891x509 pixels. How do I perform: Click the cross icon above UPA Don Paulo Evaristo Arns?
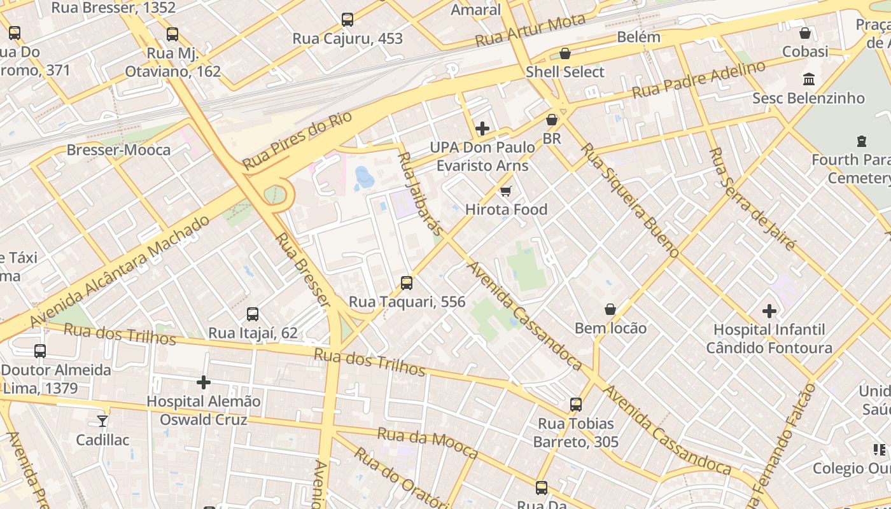pos(482,129)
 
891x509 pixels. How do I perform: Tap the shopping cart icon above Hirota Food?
pos(506,191)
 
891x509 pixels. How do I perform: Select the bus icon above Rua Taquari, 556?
pos(407,283)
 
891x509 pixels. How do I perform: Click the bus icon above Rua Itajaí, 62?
pos(253,314)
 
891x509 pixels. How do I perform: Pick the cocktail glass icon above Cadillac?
pos(102,421)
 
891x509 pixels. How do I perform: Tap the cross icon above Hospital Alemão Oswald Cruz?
pos(204,382)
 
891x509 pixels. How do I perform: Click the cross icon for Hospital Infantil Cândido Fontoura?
pos(769,311)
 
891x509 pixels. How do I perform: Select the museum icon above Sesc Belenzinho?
pos(809,80)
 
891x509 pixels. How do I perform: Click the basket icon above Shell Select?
pos(565,53)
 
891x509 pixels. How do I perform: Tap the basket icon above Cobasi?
pos(805,33)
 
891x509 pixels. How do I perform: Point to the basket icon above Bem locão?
pos(610,309)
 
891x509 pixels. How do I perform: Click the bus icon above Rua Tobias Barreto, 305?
pos(576,405)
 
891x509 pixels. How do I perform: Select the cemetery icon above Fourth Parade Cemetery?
pos(862,141)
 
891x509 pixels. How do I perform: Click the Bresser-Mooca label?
pos(119,150)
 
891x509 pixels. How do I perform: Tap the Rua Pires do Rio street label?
pos(297,142)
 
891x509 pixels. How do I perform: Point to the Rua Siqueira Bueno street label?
pos(629,199)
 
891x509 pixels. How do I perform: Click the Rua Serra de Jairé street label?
pos(752,199)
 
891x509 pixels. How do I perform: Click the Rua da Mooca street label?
pos(427,443)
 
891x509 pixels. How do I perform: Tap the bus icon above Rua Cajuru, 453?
pos(347,20)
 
